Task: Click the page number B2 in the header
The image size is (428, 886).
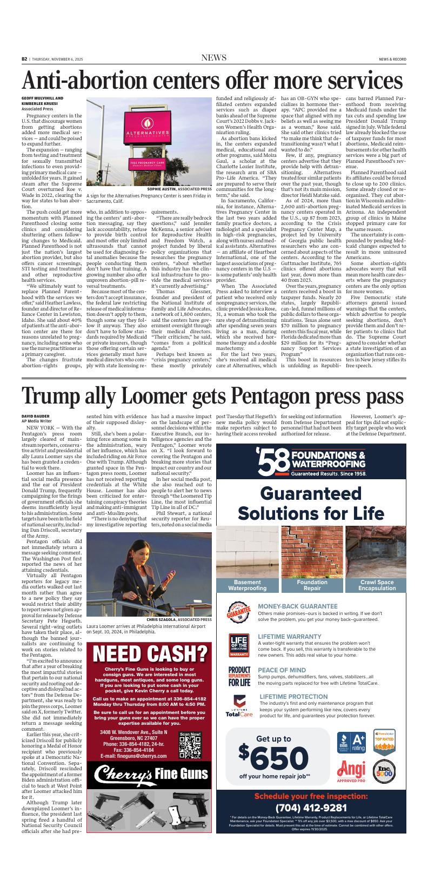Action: point(24,58)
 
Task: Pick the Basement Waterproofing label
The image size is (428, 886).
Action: point(247,585)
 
